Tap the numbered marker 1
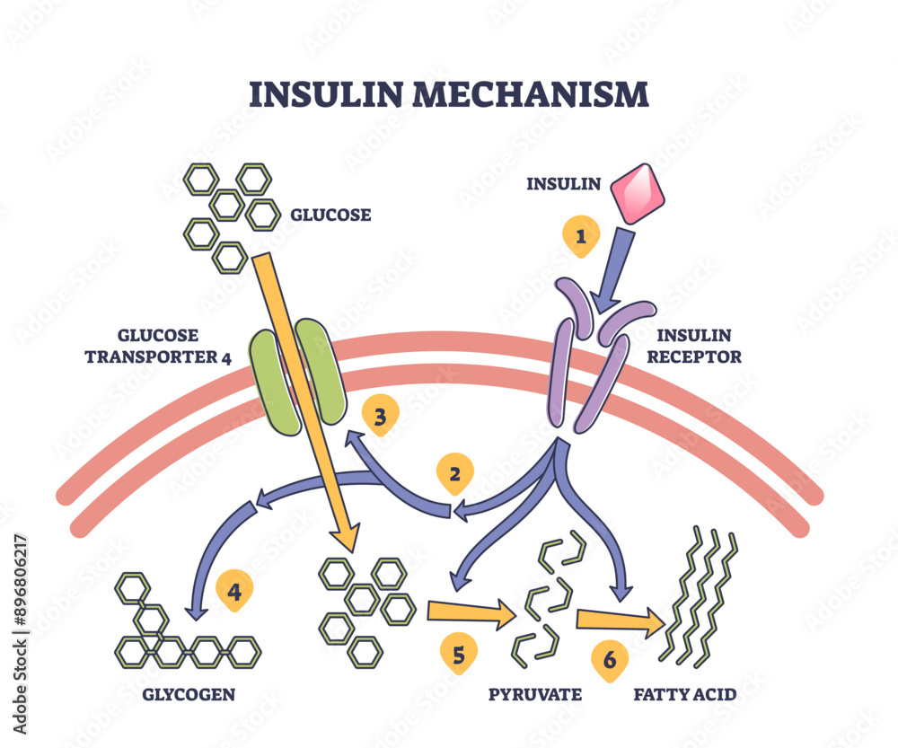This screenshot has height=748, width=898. [580, 236]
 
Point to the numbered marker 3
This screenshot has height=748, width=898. [380, 416]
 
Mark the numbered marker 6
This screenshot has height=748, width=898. [610, 660]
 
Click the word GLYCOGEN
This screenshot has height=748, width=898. [189, 694]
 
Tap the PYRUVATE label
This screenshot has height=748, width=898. [535, 694]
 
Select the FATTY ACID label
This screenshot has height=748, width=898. [684, 694]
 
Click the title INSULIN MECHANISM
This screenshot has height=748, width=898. [448, 94]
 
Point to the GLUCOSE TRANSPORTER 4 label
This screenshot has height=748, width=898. [158, 346]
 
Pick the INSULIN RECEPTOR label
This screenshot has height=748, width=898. [700, 346]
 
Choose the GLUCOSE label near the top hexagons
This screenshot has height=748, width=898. [330, 215]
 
